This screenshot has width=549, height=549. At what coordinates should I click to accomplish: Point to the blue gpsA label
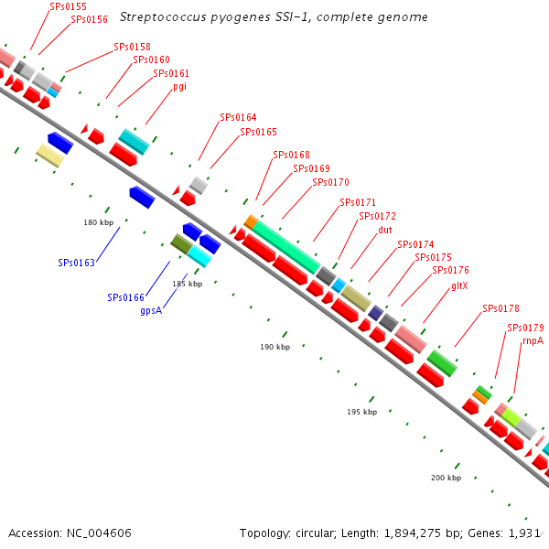click(152, 310)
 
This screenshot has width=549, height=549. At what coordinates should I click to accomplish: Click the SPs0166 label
click(126, 297)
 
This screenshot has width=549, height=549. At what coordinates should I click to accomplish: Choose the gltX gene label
click(459, 285)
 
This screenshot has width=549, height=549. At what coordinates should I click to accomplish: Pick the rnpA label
click(533, 340)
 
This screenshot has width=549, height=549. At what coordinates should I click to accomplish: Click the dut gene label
click(385, 230)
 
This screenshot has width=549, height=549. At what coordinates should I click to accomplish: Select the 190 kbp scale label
click(274, 347)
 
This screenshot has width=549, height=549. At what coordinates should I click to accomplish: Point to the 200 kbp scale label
click(447, 479)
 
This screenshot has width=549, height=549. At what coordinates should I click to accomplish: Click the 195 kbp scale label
click(362, 413)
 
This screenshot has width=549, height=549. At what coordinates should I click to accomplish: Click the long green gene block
click(286, 245)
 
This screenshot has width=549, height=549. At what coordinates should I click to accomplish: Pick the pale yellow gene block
click(49, 156)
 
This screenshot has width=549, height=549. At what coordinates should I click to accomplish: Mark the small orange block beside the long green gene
click(251, 221)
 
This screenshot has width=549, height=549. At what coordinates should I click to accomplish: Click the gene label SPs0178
click(501, 308)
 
